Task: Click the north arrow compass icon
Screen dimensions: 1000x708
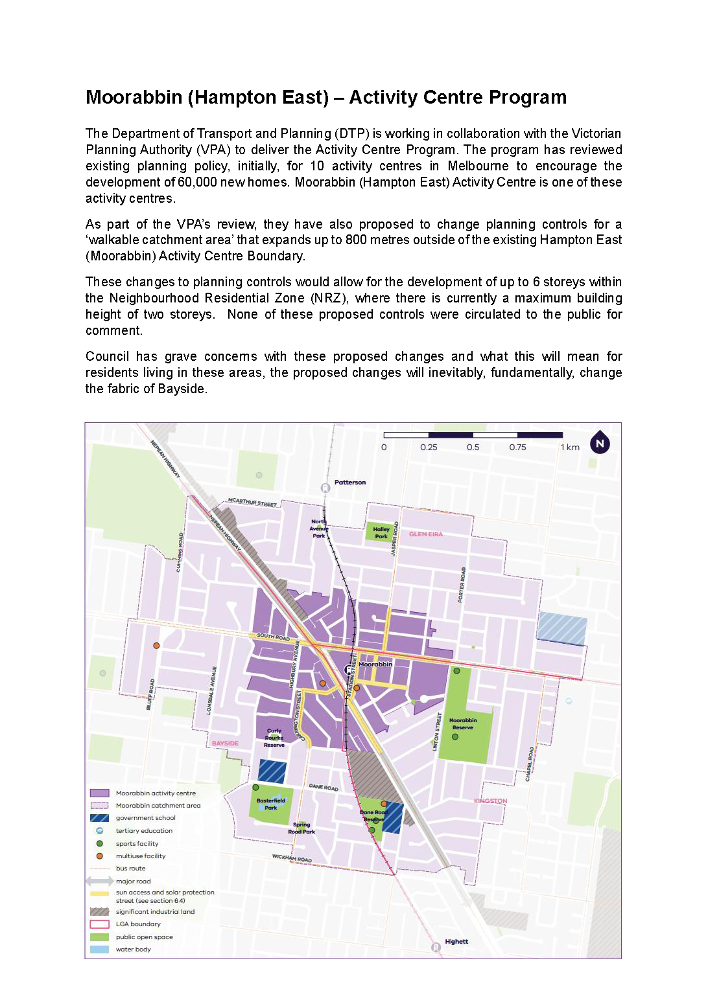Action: click(600, 443)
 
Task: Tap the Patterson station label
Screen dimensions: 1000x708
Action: click(350, 483)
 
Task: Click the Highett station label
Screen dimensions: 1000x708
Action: click(456, 942)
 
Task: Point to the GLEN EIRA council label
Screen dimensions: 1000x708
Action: click(426, 534)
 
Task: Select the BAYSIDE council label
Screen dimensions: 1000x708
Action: click(225, 744)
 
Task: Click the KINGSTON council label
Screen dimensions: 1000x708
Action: click(490, 801)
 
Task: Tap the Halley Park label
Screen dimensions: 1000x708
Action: click(381, 533)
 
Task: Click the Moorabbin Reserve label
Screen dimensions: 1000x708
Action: click(463, 724)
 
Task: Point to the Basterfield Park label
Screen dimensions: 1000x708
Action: click(271, 804)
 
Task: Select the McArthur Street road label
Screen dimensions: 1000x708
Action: click(252, 503)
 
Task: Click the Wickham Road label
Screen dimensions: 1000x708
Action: click(292, 858)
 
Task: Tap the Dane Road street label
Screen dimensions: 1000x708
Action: click(324, 788)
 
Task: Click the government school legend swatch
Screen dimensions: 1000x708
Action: click(99, 818)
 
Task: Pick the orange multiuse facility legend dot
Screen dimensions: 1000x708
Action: click(99, 856)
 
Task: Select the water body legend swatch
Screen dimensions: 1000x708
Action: click(99, 949)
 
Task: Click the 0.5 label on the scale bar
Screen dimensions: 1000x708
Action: click(473, 448)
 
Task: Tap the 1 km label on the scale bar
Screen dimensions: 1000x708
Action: click(571, 448)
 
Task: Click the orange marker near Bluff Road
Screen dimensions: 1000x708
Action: click(156, 646)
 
